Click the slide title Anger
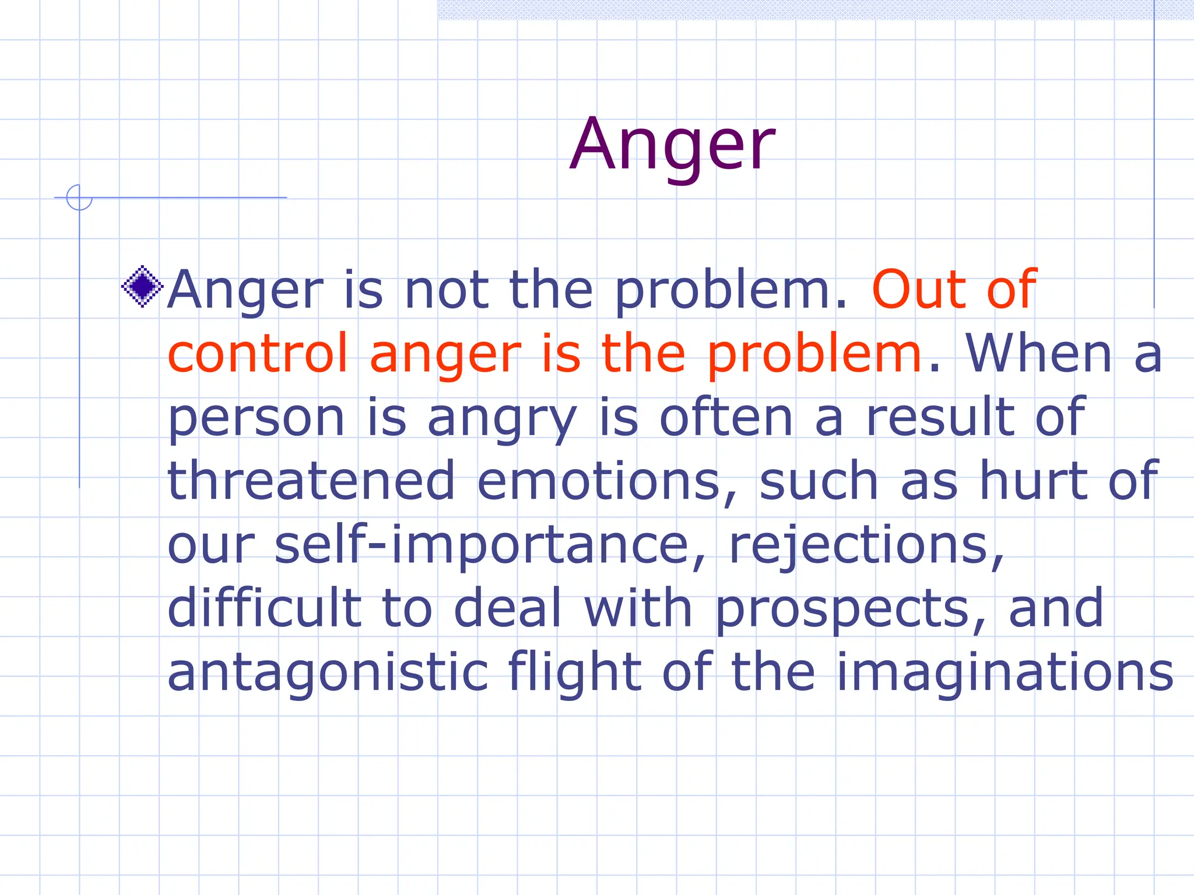point(672,146)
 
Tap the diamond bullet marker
point(142,286)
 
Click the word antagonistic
point(328,672)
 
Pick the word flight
point(574,672)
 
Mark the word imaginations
point(1004,672)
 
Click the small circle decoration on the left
point(79,197)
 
